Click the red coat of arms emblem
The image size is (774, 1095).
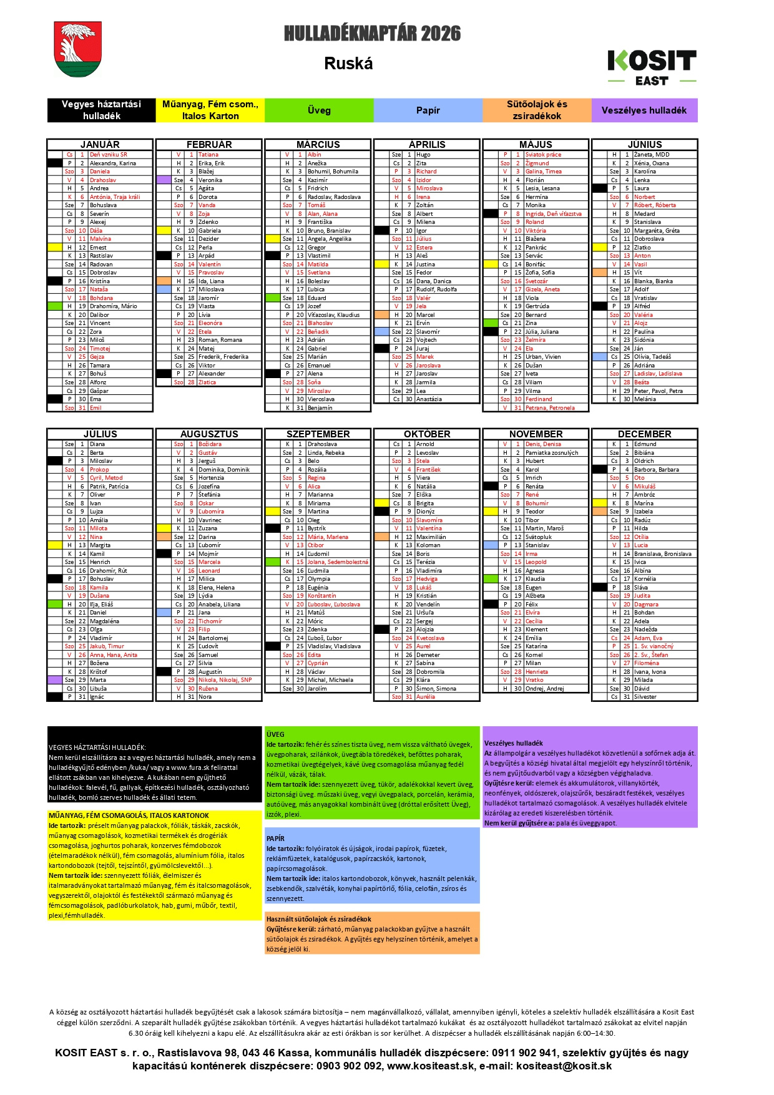tap(78, 49)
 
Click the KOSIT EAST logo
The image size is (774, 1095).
tap(652, 67)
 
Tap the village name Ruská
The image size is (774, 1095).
tap(348, 64)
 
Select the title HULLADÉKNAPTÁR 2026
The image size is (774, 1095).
tap(372, 34)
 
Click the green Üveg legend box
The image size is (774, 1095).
tap(319, 110)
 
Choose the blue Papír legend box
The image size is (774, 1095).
tap(428, 110)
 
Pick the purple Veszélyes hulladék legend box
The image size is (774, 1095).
tap(644, 110)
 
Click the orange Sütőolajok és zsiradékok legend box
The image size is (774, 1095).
tap(536, 110)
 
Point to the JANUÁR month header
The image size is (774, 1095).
tap(100, 144)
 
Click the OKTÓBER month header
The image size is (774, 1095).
tap(427, 434)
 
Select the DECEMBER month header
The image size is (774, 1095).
tap(644, 434)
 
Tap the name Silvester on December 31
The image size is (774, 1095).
tap(645, 697)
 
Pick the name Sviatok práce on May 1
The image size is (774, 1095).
tap(543, 155)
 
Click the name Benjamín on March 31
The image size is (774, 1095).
tap(320, 408)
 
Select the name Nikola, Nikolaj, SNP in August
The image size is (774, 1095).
tap(225, 680)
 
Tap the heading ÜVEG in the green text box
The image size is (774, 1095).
tap(275, 734)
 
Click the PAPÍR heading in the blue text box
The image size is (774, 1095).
tap(275, 839)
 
